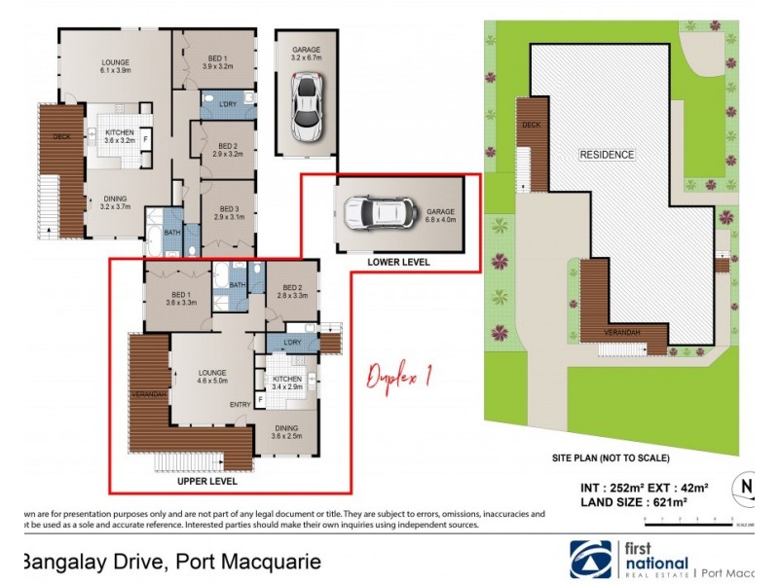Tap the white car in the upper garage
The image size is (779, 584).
pos(310,106)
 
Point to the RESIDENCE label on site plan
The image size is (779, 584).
pos(607,155)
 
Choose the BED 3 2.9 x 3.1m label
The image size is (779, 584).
pos(230,212)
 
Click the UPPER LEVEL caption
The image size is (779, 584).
pos(206,481)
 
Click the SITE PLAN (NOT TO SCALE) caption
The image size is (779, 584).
pos(611,458)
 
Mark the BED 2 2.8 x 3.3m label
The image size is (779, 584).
pos(293,291)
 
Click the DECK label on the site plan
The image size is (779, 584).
pos(531,126)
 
